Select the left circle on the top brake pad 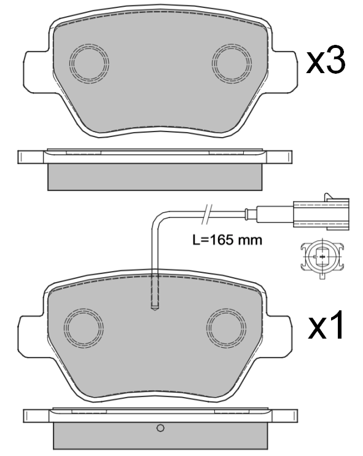(x=90, y=63)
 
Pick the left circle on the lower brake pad (x=85, y=328)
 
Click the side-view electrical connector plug (x=319, y=213)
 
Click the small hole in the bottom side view (x=160, y=428)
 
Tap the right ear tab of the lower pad (x=283, y=335)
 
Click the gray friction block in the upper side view (x=156, y=176)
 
